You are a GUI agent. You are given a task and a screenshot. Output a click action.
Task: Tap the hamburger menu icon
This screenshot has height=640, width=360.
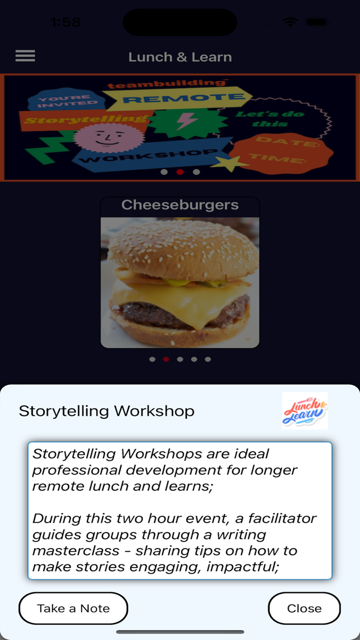[25, 56]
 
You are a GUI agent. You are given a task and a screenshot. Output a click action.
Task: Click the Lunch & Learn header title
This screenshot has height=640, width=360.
[180, 57]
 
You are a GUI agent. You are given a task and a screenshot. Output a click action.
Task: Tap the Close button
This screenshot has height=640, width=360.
[304, 608]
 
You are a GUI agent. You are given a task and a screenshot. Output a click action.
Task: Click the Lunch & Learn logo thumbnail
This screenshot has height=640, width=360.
[304, 411]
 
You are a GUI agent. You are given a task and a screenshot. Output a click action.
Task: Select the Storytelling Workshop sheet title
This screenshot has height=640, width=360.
[106, 411]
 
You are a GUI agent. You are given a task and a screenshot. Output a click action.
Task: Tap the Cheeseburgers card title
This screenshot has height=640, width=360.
[180, 205]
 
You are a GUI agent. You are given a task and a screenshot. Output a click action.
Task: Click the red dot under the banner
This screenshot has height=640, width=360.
[180, 172]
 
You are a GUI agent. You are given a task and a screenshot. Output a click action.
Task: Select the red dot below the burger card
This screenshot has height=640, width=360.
[166, 359]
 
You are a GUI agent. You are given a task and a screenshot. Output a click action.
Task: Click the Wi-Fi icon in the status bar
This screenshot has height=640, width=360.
[291, 22]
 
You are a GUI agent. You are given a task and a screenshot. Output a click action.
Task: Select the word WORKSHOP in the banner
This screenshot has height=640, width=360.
[149, 155]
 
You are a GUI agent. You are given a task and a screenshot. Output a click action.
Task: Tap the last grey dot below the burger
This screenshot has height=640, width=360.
[208, 359]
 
